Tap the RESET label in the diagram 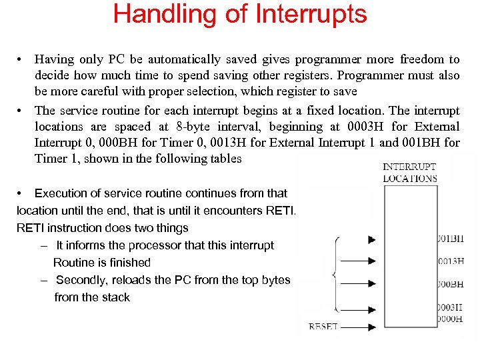tap(323, 327)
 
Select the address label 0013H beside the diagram tap(451, 261)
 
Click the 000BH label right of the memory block tap(451, 284)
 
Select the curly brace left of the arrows tap(334, 274)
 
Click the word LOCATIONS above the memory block tap(410, 178)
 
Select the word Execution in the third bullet tap(61, 193)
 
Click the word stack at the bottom tap(116, 297)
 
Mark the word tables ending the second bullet tap(225, 159)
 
